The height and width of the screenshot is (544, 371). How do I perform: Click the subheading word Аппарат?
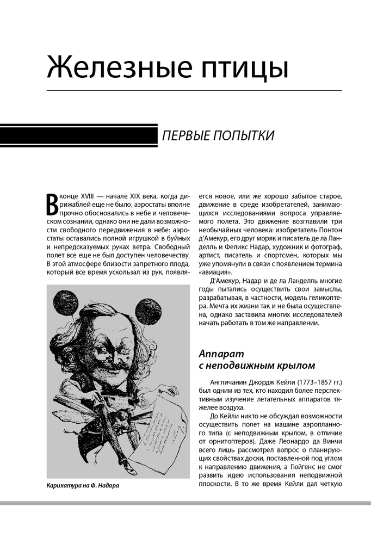click(x=219, y=352)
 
